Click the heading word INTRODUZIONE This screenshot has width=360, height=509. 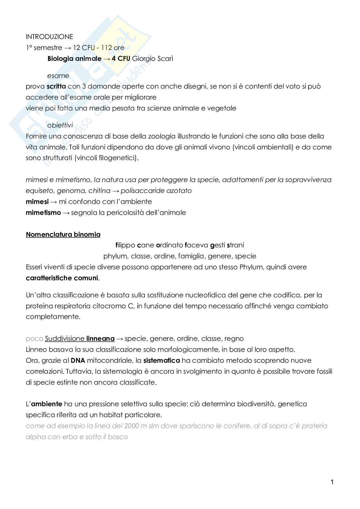click(49, 37)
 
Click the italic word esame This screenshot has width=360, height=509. click(58, 76)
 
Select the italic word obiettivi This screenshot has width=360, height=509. click(60, 125)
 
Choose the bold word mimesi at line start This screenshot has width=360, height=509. click(37, 202)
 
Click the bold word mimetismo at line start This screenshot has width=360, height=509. click(43, 213)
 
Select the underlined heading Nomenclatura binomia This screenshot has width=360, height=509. click(63, 235)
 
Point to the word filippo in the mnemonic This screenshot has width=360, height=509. click(125, 245)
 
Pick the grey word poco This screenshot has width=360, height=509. click(34, 339)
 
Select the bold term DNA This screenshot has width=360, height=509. click(78, 360)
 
